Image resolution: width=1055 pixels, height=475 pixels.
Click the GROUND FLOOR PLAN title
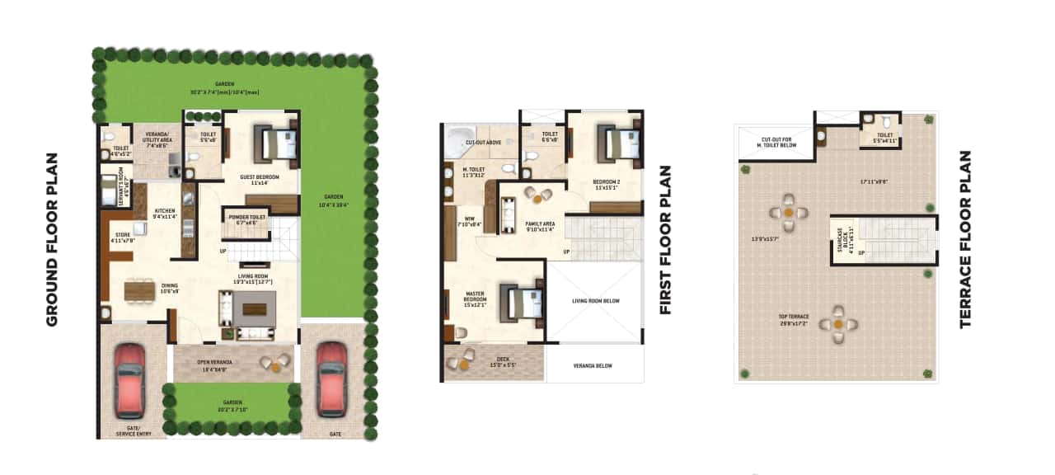pyautogui.click(x=52, y=239)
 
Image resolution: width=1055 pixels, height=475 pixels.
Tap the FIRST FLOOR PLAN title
pyautogui.click(x=665, y=240)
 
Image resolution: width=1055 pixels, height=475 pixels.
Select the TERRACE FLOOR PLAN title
pyautogui.click(x=966, y=239)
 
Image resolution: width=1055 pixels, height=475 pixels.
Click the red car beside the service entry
pyautogui.click(x=129, y=379)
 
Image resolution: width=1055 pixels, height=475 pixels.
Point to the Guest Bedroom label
pyautogui.click(x=259, y=180)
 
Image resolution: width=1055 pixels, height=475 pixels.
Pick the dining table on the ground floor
pyautogui.click(x=139, y=291)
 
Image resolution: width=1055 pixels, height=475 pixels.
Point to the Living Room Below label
pyautogui.click(x=595, y=301)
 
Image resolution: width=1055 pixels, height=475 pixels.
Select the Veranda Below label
pyautogui.click(x=595, y=369)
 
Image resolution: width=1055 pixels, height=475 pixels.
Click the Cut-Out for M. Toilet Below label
pyautogui.click(x=776, y=143)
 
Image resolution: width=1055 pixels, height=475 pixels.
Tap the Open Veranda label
pyautogui.click(x=214, y=364)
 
